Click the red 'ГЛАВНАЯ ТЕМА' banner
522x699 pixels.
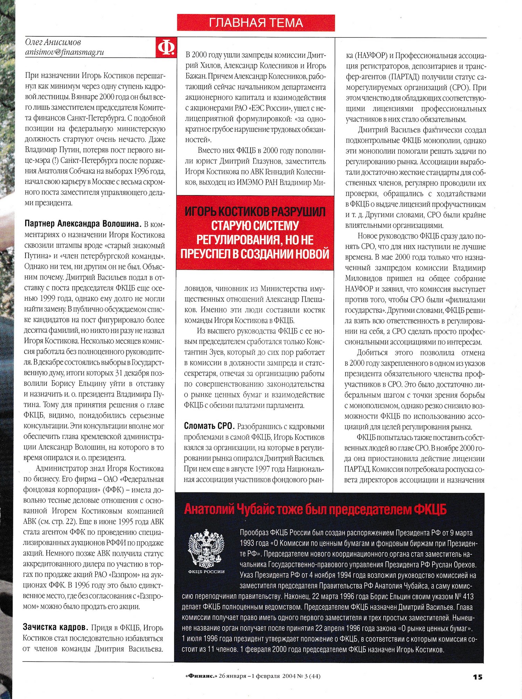point(256,23)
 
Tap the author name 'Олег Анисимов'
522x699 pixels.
point(53,42)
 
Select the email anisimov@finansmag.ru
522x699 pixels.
point(65,52)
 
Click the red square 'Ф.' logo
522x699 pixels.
point(166,48)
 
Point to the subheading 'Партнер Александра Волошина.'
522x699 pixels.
point(83,224)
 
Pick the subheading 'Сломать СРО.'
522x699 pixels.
point(209,426)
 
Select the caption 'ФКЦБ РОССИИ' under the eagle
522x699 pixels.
point(206,572)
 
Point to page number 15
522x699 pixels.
point(477,677)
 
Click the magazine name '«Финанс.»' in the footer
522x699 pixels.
point(201,676)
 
